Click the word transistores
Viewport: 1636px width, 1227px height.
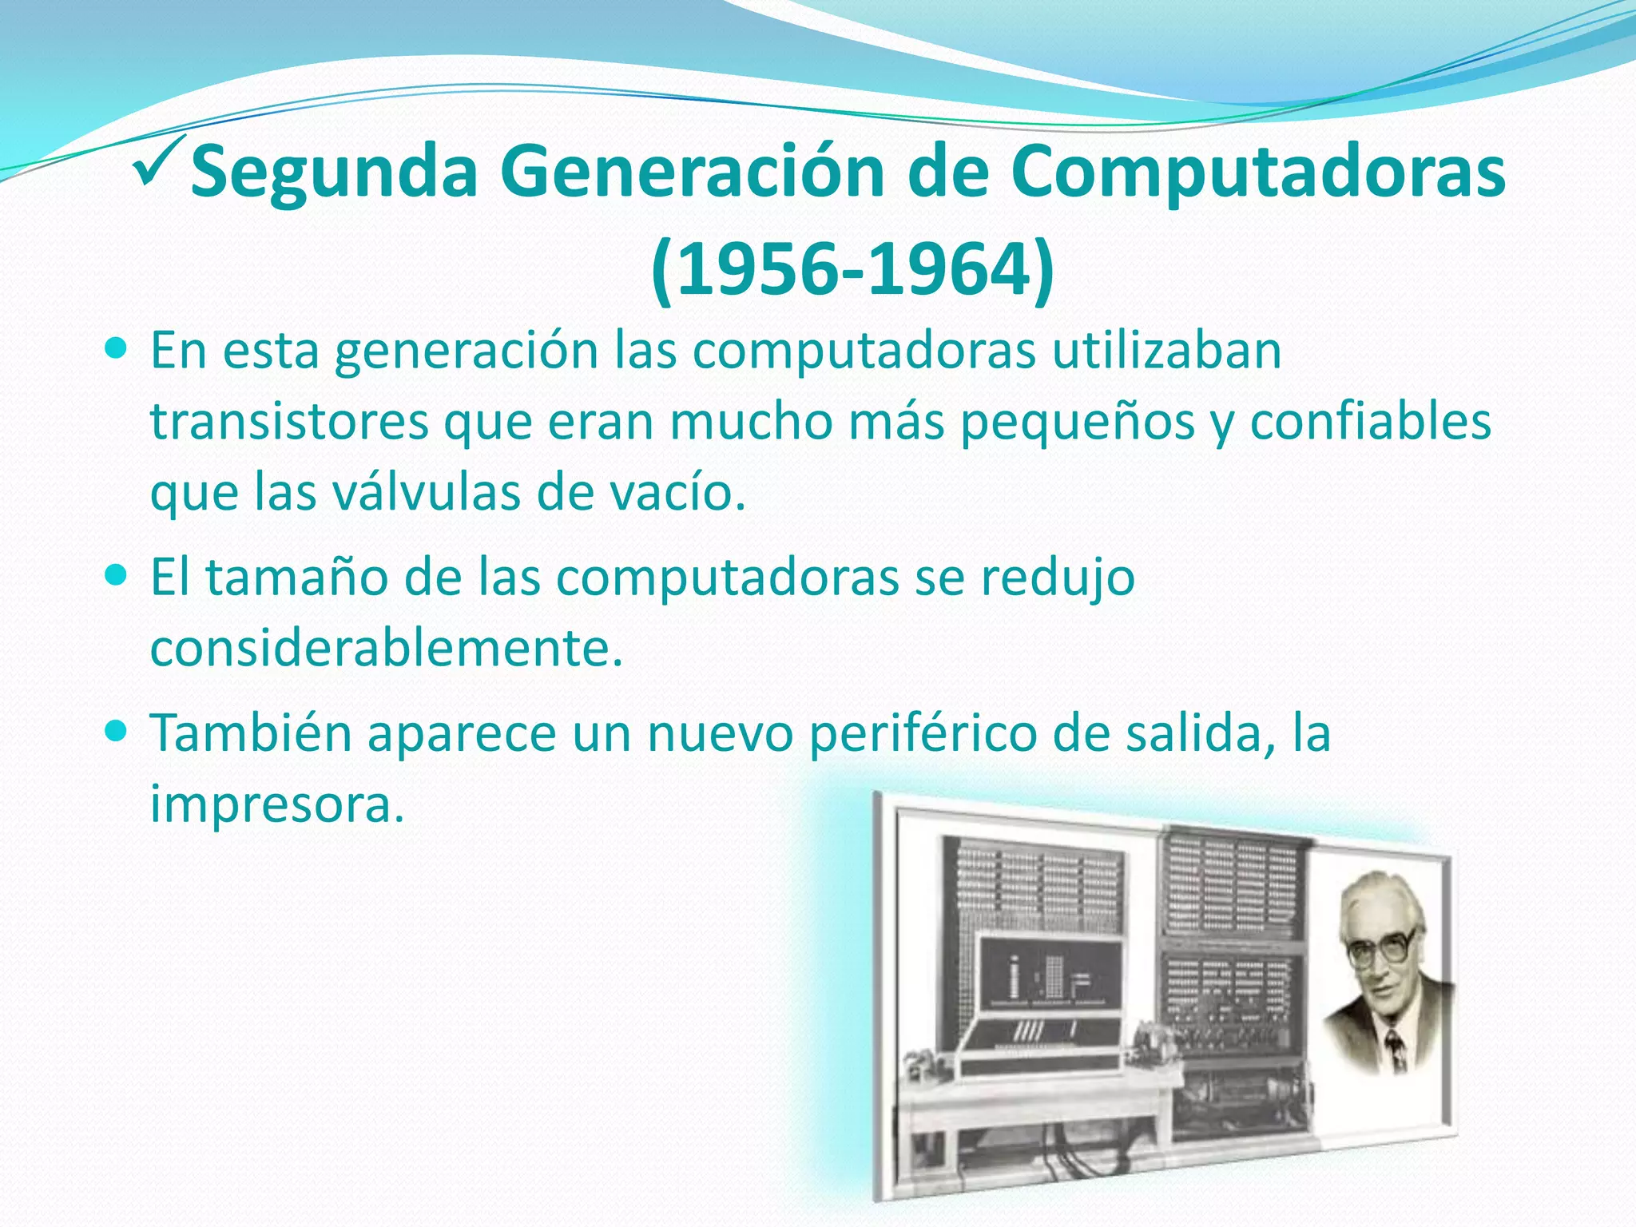pos(289,423)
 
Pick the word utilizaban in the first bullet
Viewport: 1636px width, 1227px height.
pos(1166,351)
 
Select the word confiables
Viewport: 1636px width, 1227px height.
pos(1370,423)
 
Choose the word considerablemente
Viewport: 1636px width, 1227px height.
pos(386,648)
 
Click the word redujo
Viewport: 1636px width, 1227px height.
pos(1057,578)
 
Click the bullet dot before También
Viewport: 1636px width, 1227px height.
pos(116,729)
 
